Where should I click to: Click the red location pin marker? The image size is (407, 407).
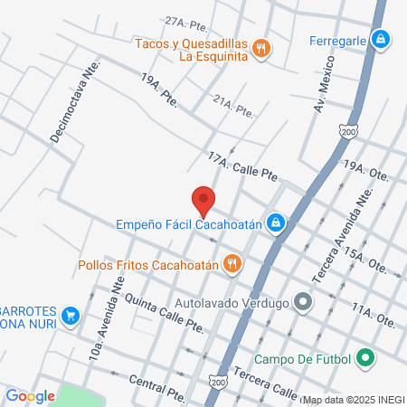point(203,200)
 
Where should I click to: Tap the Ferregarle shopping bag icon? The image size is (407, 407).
point(382,39)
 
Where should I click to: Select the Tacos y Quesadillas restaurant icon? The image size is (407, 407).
point(261,49)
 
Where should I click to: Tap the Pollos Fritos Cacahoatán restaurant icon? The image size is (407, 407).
point(232,265)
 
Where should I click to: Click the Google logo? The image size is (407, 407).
point(30,395)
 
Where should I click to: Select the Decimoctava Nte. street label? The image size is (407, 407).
point(74,116)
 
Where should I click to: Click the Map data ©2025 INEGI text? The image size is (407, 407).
point(352,399)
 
